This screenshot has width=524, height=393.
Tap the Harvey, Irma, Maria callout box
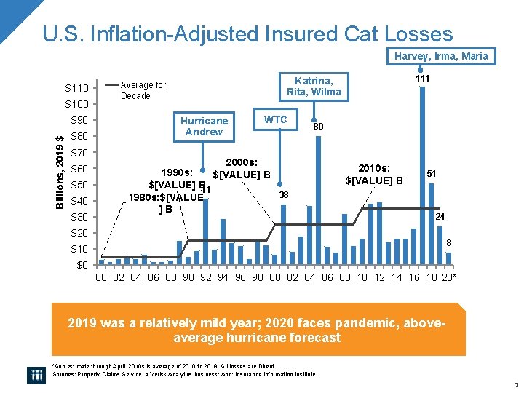coord(442,56)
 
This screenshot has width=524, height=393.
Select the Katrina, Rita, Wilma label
coord(314,86)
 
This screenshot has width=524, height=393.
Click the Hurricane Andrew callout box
coord(204,126)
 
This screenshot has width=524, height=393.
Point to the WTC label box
coord(275,119)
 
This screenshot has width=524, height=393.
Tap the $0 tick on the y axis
coord(82,265)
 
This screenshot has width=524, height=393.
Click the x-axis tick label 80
coord(102,278)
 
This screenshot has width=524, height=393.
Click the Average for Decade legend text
coord(143,90)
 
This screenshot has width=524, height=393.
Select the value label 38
coord(284,195)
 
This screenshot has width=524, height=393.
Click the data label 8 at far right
coord(449,242)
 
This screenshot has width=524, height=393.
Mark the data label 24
coord(440,217)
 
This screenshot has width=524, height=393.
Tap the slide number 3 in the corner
coord(515,384)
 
